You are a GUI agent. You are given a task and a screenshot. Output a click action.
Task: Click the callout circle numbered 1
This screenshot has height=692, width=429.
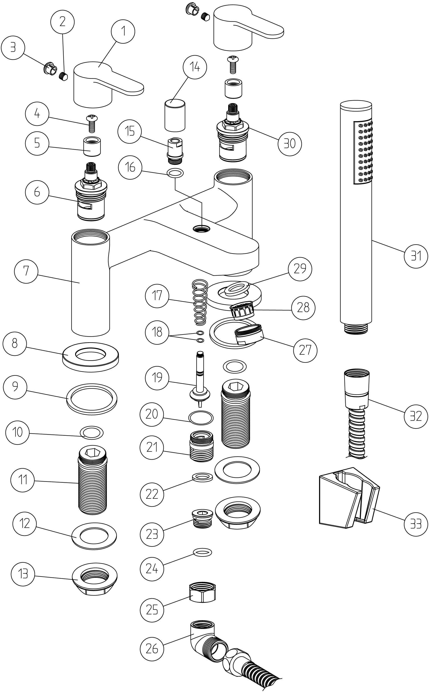(x=123, y=31)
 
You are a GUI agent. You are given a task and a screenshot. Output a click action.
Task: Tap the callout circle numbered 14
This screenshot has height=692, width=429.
(x=195, y=67)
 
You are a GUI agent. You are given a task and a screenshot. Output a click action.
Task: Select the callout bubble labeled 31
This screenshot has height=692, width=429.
(x=416, y=256)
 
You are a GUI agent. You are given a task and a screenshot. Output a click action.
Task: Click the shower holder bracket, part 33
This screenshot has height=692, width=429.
(x=349, y=499)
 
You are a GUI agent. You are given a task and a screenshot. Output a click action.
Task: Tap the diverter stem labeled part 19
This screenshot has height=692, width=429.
(x=200, y=380)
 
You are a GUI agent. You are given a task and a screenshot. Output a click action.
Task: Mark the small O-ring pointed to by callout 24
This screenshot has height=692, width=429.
(x=202, y=552)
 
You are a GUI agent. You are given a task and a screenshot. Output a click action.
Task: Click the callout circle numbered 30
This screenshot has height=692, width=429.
(x=290, y=144)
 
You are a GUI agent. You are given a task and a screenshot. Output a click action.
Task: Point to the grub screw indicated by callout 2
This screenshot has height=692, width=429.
(x=64, y=77)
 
